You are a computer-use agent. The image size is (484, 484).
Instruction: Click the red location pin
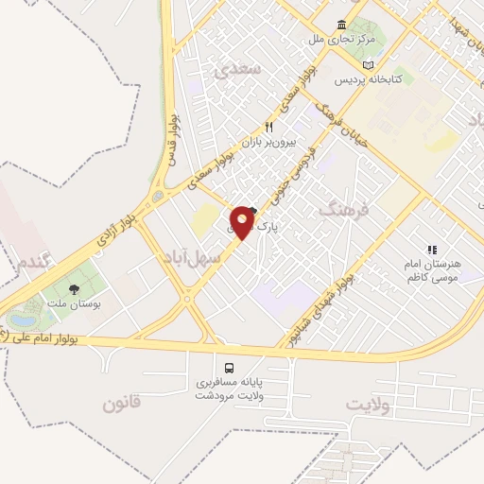pyautogui.click(x=243, y=222)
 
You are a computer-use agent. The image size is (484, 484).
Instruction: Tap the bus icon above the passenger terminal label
pyautogui.click(x=229, y=367)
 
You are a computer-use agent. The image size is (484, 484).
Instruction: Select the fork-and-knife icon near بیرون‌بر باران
pyautogui.click(x=268, y=128)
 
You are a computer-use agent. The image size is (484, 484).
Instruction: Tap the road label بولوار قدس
pyautogui.click(x=172, y=136)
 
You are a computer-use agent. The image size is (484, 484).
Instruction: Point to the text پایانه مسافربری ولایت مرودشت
pyautogui.click(x=229, y=390)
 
